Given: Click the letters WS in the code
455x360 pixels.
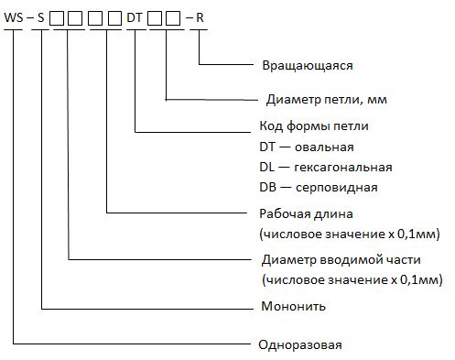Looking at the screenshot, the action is coord(14,17).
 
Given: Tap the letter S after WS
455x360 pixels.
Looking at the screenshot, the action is coord(41,17).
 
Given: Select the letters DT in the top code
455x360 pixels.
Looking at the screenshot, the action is coord(135,17).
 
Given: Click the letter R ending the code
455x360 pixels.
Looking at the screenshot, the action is coord(200,17).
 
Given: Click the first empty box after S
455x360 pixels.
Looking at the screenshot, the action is coord(57,18).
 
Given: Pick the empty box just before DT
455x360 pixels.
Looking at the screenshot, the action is coord(114,18).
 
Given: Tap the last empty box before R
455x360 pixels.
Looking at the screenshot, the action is coord(173,18).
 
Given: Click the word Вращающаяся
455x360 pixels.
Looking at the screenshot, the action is coord(308,66).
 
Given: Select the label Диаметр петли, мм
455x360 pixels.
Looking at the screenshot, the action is coord(327,100).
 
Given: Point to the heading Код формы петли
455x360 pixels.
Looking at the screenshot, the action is coord(314,125).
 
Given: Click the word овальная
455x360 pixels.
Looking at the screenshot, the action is coord(324,147).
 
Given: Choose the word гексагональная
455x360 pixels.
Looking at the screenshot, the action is coord(343,168).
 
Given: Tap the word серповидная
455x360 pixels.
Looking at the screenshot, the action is coord(337,188).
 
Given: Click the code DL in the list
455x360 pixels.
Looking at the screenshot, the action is coord(267,168).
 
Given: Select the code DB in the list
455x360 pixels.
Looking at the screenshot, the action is coord(268,187).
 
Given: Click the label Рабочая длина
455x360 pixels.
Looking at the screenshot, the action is coord(306,213).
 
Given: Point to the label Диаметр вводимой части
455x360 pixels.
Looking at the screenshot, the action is coord(341,260).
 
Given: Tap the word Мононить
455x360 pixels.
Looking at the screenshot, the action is coord(294,306).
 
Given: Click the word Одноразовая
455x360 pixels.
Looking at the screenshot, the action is coord(300,345).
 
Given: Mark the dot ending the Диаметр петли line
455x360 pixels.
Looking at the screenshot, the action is coord(166,100).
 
